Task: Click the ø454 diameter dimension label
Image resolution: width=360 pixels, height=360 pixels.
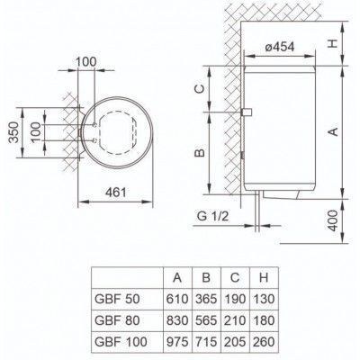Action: point(280,47)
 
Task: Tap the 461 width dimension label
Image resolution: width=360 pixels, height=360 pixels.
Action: point(116,193)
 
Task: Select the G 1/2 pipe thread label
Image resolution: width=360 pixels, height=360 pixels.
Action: point(212,216)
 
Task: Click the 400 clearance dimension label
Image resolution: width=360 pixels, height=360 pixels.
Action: point(332,220)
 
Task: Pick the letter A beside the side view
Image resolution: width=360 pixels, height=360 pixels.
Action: point(333,131)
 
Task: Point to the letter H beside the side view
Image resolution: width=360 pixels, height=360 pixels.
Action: point(332,43)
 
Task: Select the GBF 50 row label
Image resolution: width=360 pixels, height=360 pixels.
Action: point(117,299)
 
